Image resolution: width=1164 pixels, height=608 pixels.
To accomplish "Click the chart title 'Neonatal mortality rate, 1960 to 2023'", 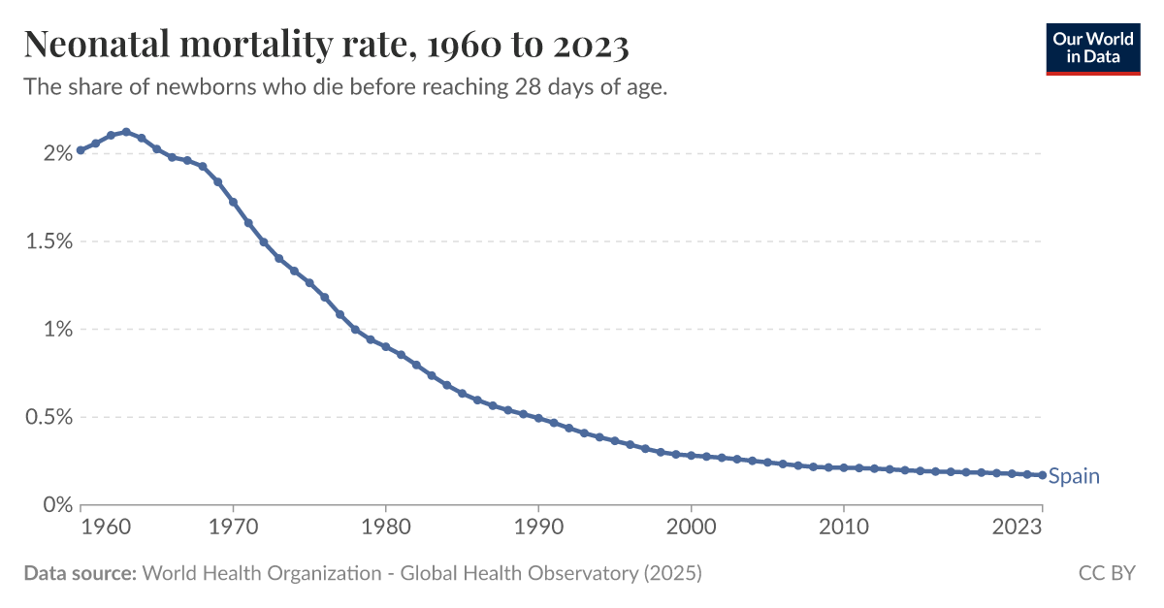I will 326,45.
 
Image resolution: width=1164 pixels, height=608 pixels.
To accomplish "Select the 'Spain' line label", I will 1074,476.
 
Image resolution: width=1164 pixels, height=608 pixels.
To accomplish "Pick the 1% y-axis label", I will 57,330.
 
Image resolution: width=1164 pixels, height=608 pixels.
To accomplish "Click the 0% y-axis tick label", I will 57,505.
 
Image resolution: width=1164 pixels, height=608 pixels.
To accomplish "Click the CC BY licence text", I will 1106,573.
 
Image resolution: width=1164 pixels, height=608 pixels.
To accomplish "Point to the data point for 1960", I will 81,150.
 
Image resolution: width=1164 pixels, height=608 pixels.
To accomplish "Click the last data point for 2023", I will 1043,475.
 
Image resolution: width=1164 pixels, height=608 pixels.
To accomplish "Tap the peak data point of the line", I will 126,132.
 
